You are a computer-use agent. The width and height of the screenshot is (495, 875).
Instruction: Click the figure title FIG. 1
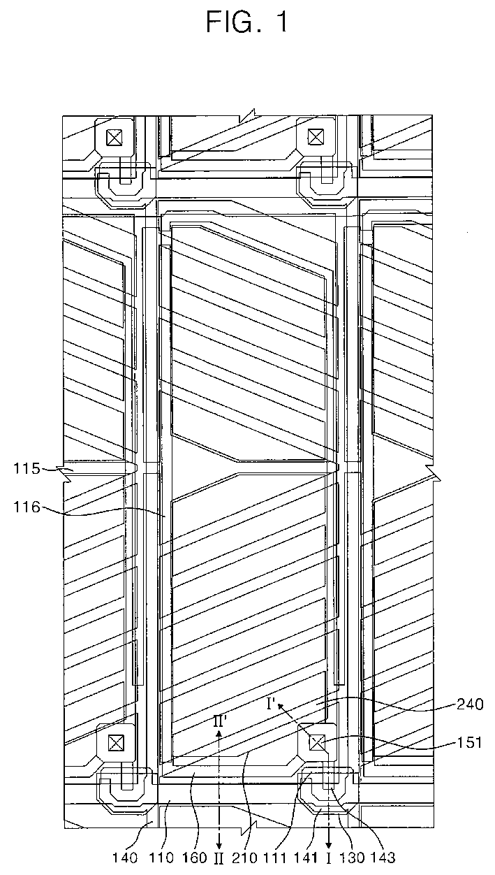coord(247,23)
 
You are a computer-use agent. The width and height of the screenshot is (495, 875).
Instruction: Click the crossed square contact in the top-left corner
coord(112,138)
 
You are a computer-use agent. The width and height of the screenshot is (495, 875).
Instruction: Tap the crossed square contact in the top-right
coord(316,136)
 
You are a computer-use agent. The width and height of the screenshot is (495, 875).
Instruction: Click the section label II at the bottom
coord(219,858)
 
